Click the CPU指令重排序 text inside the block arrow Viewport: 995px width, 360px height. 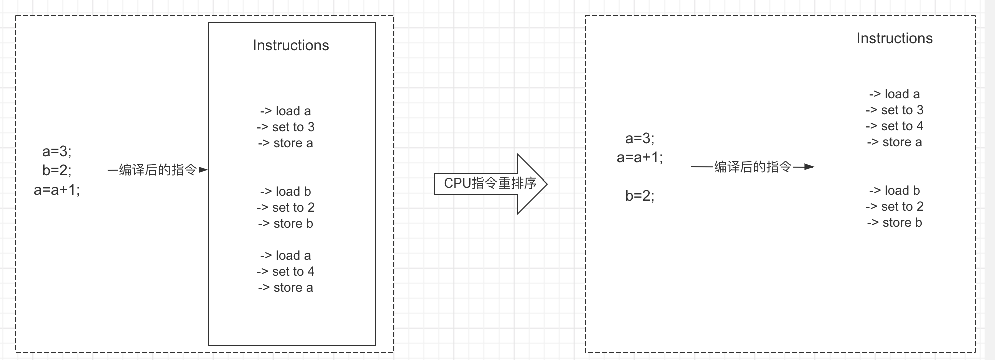pyautogui.click(x=490, y=184)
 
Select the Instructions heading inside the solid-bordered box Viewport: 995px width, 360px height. pyautogui.click(x=291, y=45)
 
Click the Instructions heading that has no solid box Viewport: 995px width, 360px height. pyautogui.click(x=894, y=38)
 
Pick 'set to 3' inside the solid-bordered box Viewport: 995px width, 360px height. pyautogui.click(x=286, y=127)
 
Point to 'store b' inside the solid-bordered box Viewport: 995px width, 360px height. pyautogui.click(x=286, y=223)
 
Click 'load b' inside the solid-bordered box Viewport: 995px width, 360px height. pyautogui.click(x=286, y=191)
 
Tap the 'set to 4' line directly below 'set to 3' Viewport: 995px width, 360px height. pyautogui.click(x=894, y=126)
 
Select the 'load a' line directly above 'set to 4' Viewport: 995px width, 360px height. pyautogui.click(x=286, y=255)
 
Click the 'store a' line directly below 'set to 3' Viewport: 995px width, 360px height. pyautogui.click(x=286, y=143)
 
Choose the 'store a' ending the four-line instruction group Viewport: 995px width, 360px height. pyautogui.click(x=894, y=142)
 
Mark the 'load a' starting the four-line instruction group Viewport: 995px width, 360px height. pyautogui.click(x=894, y=94)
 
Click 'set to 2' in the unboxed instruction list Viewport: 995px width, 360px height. pyautogui.click(x=894, y=206)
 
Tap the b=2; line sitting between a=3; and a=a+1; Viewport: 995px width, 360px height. pyautogui.click(x=57, y=170)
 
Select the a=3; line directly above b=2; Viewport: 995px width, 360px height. pyautogui.click(x=57, y=151)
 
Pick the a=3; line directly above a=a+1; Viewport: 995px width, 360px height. pyautogui.click(x=640, y=138)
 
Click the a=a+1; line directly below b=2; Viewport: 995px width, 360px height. pyautogui.click(x=57, y=190)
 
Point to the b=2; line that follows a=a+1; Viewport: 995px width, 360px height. pyautogui.click(x=640, y=196)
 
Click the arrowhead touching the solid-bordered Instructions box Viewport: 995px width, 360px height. pyautogui.click(x=203, y=170)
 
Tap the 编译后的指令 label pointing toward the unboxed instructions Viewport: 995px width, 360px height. pyautogui.click(x=752, y=167)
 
